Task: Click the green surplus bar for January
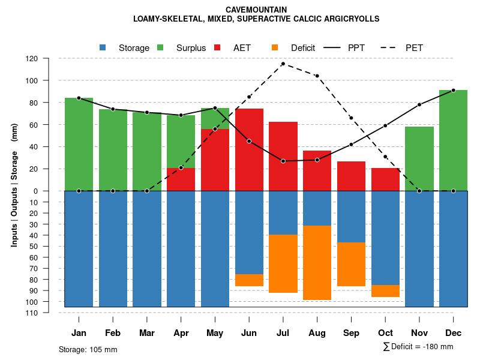79,144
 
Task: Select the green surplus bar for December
453,140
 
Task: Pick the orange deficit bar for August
317,263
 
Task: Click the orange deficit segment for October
385,291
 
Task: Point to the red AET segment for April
181,179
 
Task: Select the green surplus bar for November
419,158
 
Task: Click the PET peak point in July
283,64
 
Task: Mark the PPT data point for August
317,160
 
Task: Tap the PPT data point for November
419,104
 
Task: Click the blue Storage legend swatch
103,48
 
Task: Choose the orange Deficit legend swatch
275,48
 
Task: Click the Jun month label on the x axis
249,333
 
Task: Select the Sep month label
351,333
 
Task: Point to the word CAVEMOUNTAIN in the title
256,10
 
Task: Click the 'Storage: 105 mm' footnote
88,349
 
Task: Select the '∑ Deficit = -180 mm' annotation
418,347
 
